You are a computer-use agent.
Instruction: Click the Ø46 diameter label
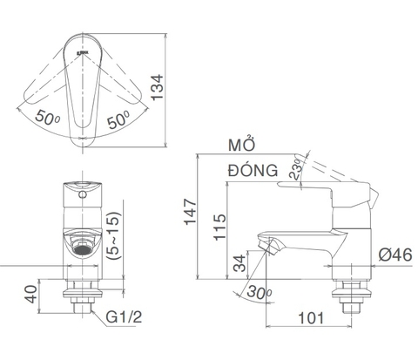(x=395, y=255)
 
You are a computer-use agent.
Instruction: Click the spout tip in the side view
(x=267, y=246)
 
